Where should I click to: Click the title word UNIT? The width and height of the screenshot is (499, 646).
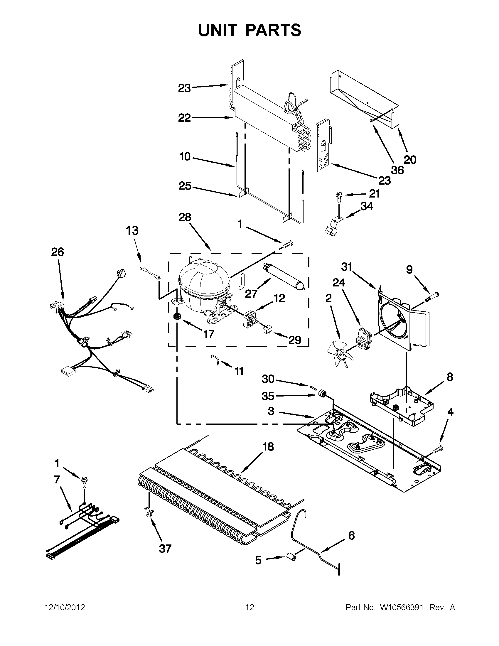(x=218, y=30)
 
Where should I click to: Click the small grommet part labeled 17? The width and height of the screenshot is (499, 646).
(x=177, y=316)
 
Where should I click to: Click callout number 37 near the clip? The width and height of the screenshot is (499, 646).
(x=165, y=548)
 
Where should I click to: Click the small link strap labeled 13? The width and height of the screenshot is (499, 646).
(x=150, y=273)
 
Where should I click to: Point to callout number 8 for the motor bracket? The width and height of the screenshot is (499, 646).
(x=450, y=377)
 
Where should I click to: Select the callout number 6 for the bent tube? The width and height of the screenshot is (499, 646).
(x=351, y=535)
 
